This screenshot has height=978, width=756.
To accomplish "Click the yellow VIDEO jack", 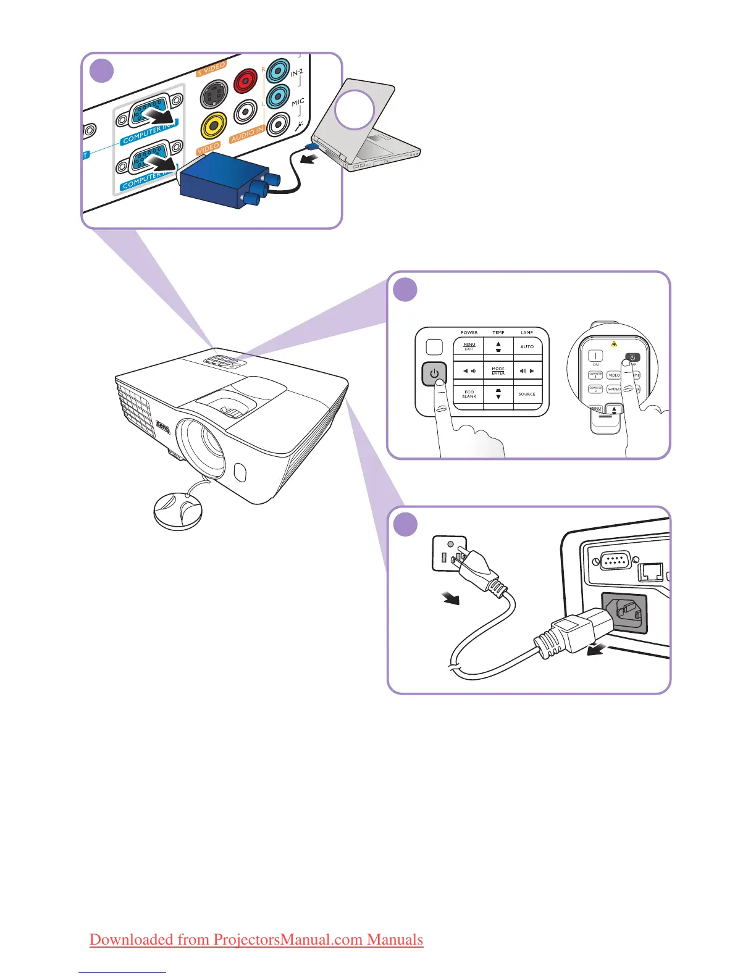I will click(x=212, y=126).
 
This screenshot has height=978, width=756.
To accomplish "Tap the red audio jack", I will click(x=246, y=80).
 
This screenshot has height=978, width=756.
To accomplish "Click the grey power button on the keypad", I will click(x=434, y=374).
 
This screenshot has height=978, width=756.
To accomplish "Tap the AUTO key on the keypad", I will click(x=527, y=347).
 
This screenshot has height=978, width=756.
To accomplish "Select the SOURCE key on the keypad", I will click(x=527, y=394).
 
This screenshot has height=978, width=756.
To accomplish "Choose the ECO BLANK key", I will click(x=469, y=394).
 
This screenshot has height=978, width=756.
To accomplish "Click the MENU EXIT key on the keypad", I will click(x=469, y=347).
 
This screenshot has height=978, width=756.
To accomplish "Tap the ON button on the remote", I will click(x=595, y=356).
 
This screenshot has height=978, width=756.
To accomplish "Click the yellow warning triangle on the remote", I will click(x=614, y=344).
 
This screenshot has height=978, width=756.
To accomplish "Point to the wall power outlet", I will click(x=448, y=552).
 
